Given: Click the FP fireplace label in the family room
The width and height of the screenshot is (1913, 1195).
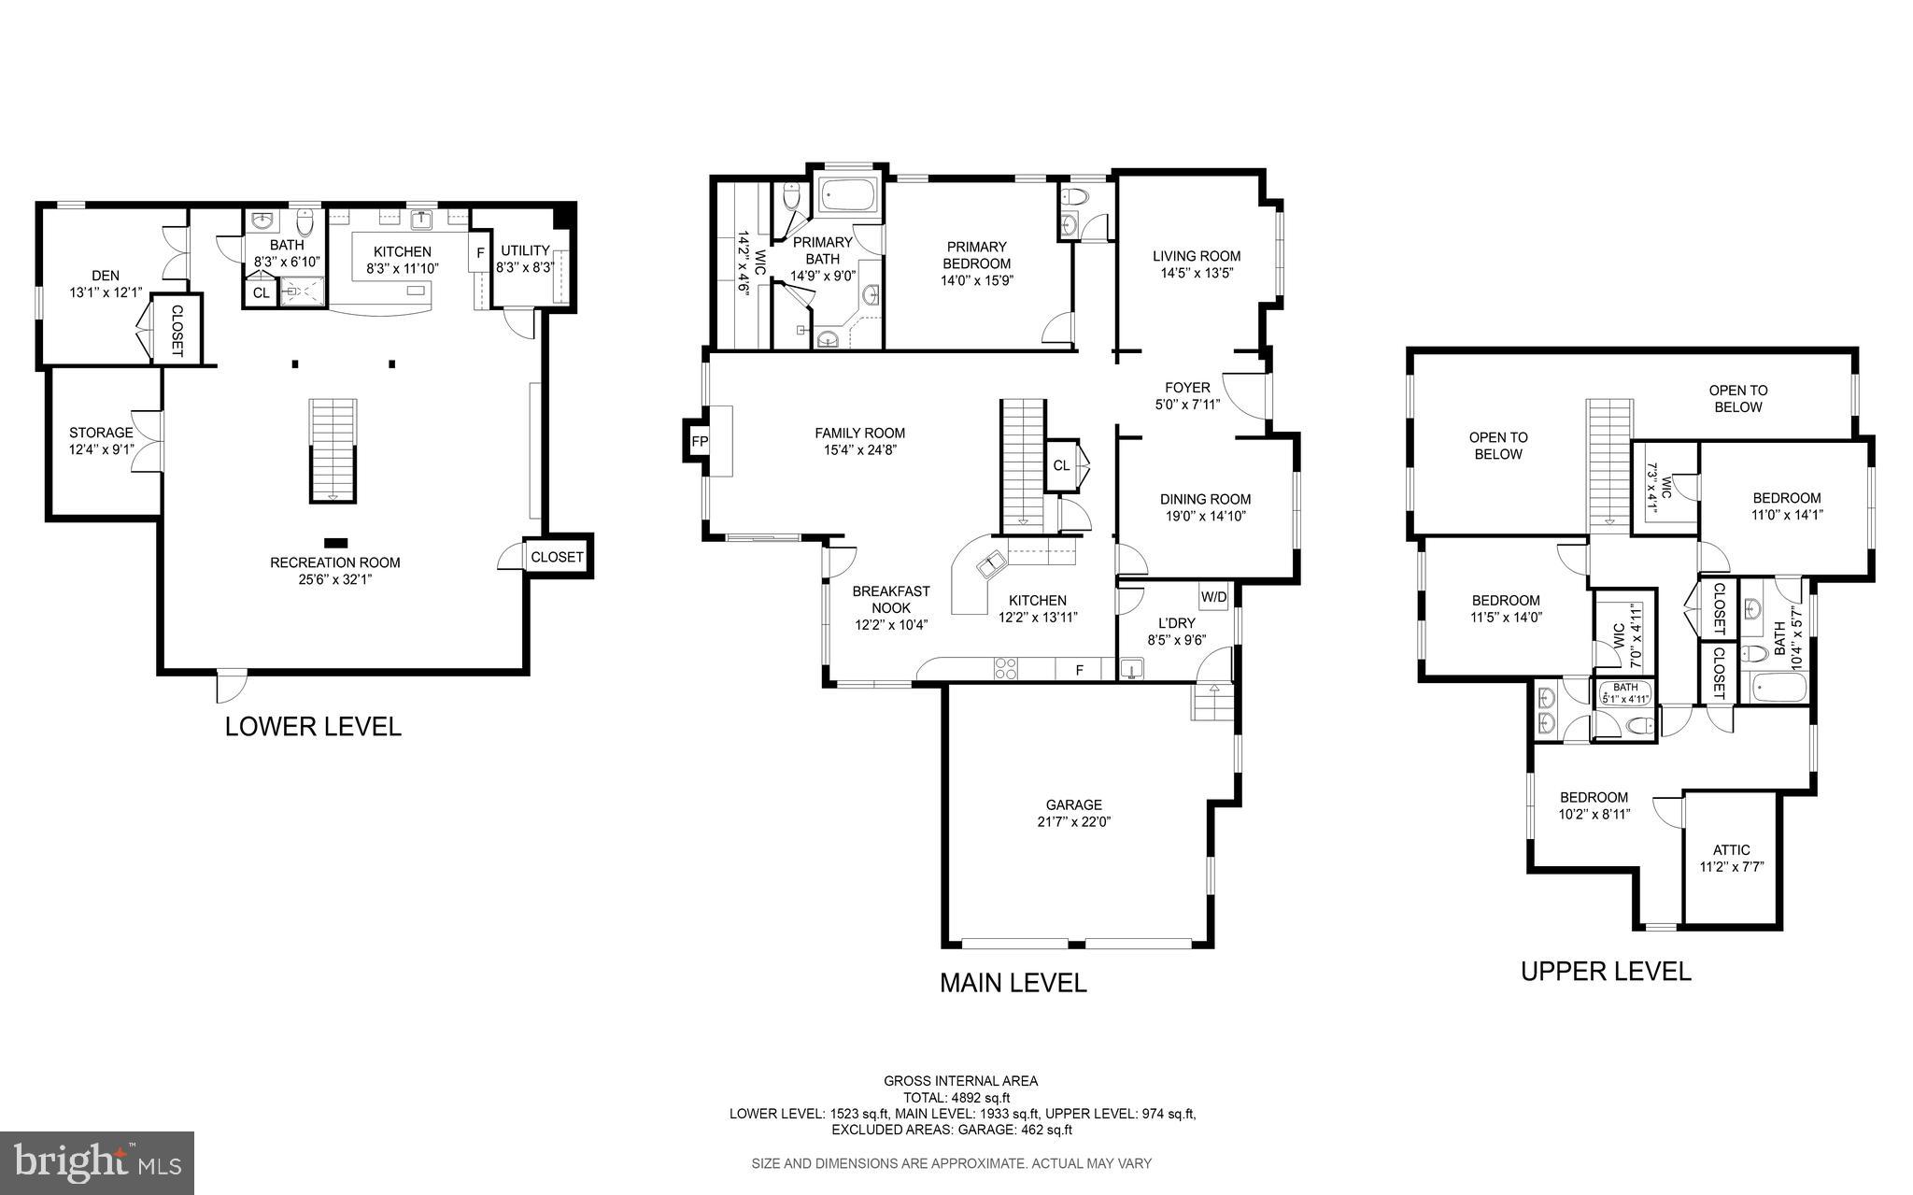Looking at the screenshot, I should (x=699, y=441).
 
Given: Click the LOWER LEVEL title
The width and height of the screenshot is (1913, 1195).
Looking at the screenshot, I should (x=313, y=727).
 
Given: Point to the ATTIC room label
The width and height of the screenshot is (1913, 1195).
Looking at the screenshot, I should (x=1731, y=850).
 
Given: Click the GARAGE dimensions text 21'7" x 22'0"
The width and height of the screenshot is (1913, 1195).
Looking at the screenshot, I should (x=1073, y=822).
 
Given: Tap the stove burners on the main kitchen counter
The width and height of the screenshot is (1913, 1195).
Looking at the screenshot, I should (x=1006, y=668).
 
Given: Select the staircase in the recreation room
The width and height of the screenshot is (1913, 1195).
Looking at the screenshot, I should (x=333, y=450).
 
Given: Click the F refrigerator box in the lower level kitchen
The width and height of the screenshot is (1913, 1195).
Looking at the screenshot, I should (x=480, y=252).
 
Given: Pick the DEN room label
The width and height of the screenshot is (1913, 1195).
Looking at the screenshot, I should (x=106, y=276).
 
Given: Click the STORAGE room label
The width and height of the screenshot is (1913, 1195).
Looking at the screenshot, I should (x=101, y=433).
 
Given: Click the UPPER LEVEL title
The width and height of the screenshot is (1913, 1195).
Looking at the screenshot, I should (x=1606, y=972).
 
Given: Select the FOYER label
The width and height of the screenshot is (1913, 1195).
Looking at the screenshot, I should (x=1187, y=388).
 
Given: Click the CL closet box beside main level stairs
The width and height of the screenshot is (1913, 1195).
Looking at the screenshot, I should (x=1061, y=465).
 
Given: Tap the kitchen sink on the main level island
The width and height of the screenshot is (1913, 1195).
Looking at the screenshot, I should (x=989, y=564).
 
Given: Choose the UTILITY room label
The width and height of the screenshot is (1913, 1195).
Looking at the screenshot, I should (x=525, y=250).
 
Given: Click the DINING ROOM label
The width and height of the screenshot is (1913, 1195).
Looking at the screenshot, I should (x=1205, y=499).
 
